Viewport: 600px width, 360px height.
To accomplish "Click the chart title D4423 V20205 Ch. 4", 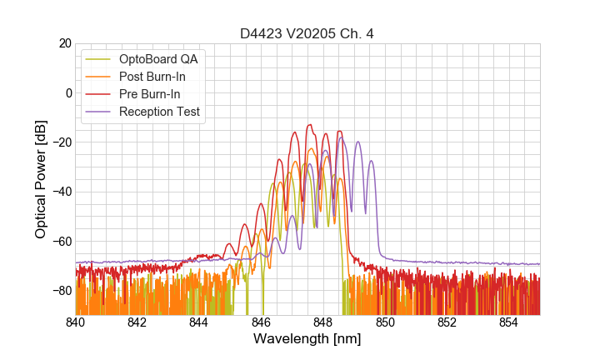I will [x=307, y=33].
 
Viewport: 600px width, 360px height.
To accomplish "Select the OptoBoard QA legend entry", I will [x=158, y=59].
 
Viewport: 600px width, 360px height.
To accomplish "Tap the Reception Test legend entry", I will [x=159, y=112].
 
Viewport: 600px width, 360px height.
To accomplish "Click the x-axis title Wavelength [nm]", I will [x=307, y=340].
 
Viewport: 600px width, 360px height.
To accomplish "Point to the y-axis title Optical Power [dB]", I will [x=41, y=179].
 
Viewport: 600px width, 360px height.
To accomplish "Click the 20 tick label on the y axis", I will [x=64, y=43].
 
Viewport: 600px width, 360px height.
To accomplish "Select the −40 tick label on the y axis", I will [x=60, y=192].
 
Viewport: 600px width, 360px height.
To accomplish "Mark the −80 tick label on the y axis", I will [x=60, y=291].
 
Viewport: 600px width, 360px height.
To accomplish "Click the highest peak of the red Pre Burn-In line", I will [x=309, y=125].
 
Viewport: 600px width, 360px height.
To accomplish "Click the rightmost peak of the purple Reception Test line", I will [x=372, y=162].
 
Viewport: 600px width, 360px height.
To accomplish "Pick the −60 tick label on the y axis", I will [x=60, y=242].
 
